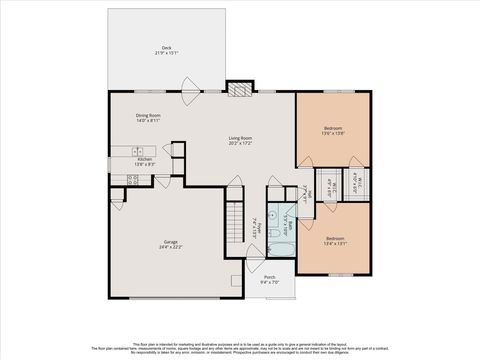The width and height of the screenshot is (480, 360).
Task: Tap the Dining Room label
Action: click(148, 115)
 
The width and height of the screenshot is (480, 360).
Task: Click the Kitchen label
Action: click(144, 159)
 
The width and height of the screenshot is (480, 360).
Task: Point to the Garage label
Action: click(171, 241)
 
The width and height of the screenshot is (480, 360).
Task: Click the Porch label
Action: click(269, 277)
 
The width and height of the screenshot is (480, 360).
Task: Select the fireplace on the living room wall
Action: click(238, 88)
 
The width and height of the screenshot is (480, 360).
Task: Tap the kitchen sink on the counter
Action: click(132, 150)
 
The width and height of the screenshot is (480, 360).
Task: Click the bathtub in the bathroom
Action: click(282, 248)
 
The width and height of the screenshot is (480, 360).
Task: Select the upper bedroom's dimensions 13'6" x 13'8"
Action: click(334, 133)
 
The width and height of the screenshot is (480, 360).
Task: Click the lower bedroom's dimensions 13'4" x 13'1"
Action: click(334, 243)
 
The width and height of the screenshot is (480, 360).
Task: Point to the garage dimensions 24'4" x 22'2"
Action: click(171, 246)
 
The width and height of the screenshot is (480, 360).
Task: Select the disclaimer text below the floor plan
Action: click(240, 345)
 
